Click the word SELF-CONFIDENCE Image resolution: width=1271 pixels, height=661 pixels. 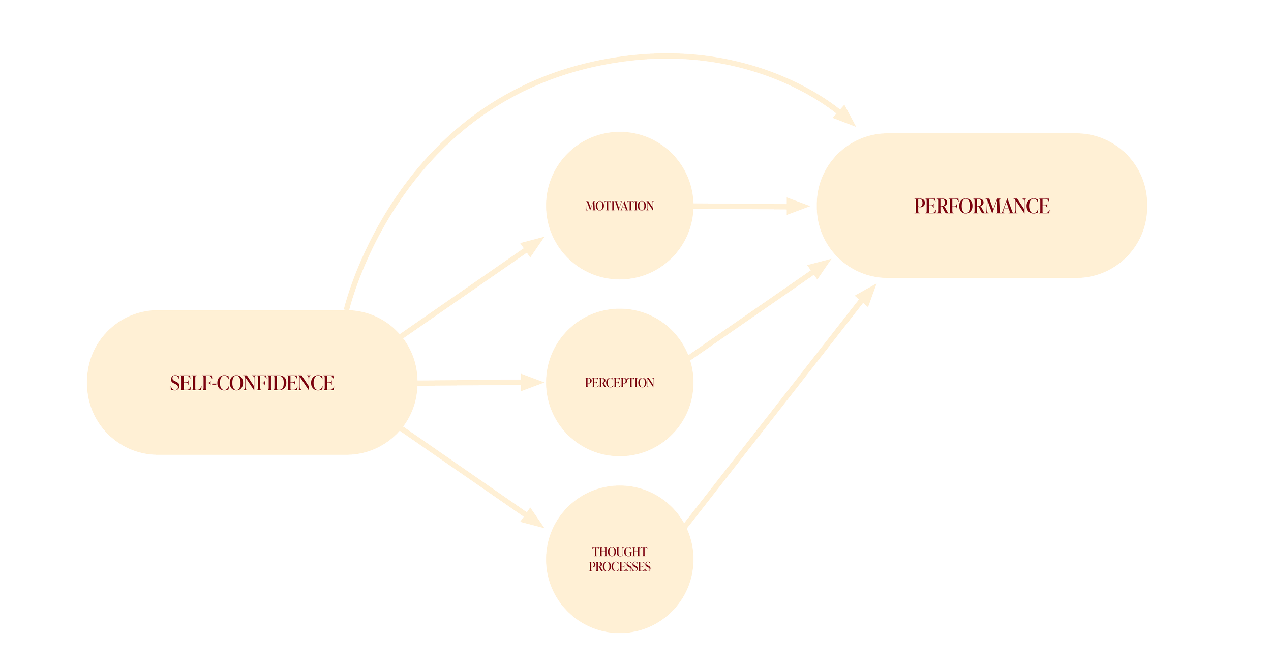[252, 383]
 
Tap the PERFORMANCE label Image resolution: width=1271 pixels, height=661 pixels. [982, 206]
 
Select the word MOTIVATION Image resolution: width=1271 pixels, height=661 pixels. [619, 206]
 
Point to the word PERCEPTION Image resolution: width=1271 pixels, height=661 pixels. [619, 383]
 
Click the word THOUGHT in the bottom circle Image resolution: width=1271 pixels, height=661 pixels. [619, 552]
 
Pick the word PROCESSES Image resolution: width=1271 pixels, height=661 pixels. [619, 567]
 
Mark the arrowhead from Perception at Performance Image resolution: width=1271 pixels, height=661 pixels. [819, 267]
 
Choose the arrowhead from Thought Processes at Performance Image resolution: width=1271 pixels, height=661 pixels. [867, 295]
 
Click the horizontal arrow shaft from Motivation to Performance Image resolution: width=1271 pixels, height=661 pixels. [740, 206]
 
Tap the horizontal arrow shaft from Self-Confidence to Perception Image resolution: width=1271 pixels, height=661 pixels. [468, 383]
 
